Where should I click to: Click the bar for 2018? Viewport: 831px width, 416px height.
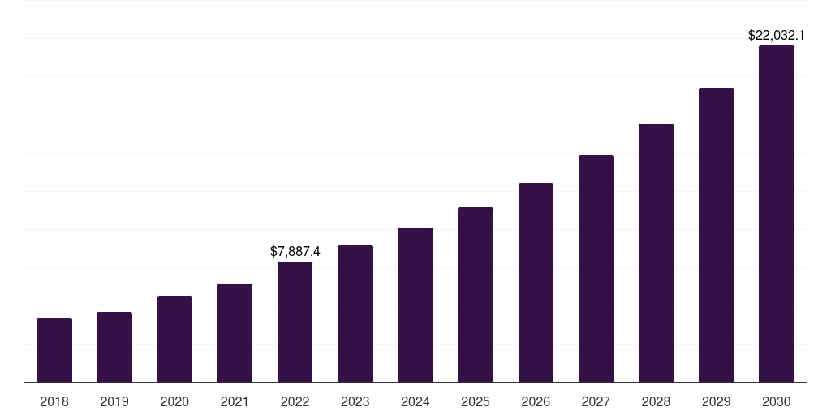[x=54, y=350]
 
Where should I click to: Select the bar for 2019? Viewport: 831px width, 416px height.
[x=114, y=347]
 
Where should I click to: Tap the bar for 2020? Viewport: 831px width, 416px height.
[x=174, y=339]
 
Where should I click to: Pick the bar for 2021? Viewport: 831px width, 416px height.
[x=235, y=333]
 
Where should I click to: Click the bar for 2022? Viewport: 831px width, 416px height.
[x=295, y=322]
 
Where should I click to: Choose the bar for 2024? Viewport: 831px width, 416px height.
[x=415, y=305]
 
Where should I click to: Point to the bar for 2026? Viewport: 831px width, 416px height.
[x=536, y=283]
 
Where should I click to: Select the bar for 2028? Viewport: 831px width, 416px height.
[x=656, y=253]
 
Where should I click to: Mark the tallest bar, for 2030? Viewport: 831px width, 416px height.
[x=777, y=214]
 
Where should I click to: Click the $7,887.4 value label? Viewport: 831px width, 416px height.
[x=295, y=252]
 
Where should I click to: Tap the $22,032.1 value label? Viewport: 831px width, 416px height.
[x=777, y=36]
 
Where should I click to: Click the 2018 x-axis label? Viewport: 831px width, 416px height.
[x=54, y=402]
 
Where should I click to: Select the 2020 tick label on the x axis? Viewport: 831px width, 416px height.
[x=174, y=402]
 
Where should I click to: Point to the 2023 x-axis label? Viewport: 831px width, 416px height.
[x=355, y=402]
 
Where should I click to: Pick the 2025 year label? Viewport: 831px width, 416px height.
[x=476, y=402]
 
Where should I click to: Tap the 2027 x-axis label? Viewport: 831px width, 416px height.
[x=596, y=402]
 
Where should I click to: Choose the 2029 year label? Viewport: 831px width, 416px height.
[x=717, y=402]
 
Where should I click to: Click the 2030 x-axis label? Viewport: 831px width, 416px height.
[x=777, y=402]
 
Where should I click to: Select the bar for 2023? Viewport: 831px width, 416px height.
[x=355, y=314]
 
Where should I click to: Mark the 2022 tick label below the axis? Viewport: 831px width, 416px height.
[x=295, y=402]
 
